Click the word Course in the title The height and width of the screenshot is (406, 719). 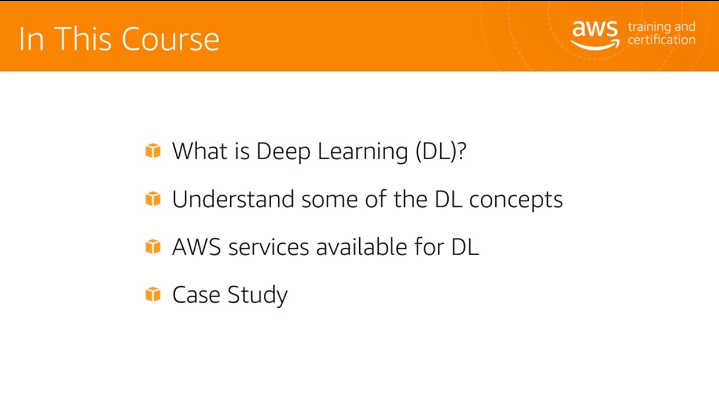pos(170,39)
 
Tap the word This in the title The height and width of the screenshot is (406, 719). pos(82,38)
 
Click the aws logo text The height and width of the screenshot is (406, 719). pos(595,29)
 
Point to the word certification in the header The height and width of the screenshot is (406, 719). pos(662,40)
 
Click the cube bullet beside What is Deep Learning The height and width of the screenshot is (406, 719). pos(153,150)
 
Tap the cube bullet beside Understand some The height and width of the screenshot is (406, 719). pos(153,199)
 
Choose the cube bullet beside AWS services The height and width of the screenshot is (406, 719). pos(153,246)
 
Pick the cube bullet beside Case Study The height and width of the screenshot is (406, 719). pos(153,294)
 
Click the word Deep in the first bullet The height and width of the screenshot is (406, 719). pos(283,152)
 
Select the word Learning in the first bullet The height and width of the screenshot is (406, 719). pos(363,152)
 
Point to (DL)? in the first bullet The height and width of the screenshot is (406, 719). pos(441,151)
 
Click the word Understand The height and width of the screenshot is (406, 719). pos(233,199)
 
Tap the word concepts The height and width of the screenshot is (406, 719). pos(516,200)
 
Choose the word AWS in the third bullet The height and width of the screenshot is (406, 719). pos(196,247)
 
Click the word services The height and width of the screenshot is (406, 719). pos(269,247)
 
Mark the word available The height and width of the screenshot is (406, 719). pos(362,247)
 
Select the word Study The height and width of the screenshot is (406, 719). pos(258,295)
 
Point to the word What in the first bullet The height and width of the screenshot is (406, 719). pos(200,151)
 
